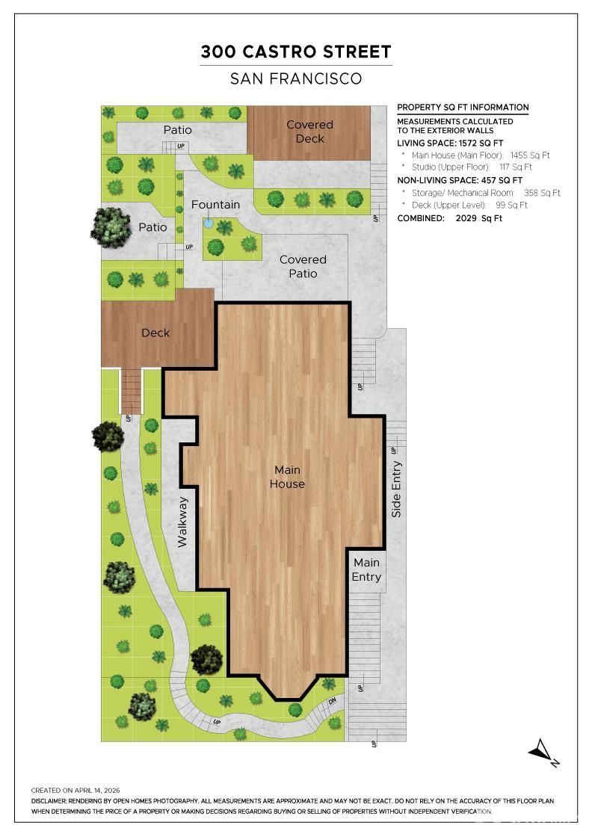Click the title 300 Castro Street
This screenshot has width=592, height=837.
click(296, 52)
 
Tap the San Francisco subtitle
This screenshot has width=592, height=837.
click(296, 79)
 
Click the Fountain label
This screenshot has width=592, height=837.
click(216, 205)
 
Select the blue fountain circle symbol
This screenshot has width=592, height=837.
click(209, 223)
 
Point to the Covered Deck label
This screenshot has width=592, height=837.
click(309, 132)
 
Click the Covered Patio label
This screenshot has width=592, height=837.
click(303, 266)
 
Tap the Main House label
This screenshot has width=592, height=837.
click(287, 477)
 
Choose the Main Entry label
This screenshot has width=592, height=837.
click(366, 569)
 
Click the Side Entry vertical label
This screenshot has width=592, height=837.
click(396, 489)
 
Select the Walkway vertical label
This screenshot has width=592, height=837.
click(182, 522)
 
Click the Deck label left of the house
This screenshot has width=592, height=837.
click(155, 333)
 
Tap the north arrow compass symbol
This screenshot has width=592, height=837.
click(543, 753)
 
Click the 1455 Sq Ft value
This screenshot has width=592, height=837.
click(529, 155)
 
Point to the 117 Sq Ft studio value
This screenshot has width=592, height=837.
click(516, 167)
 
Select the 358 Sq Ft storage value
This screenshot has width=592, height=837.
click(542, 193)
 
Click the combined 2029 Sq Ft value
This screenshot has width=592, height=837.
click(479, 218)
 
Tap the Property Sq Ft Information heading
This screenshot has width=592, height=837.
click(463, 108)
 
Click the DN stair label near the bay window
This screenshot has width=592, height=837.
click(332, 700)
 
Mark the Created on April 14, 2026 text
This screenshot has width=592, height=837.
click(75, 791)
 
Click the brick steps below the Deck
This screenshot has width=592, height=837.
click(132, 392)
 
